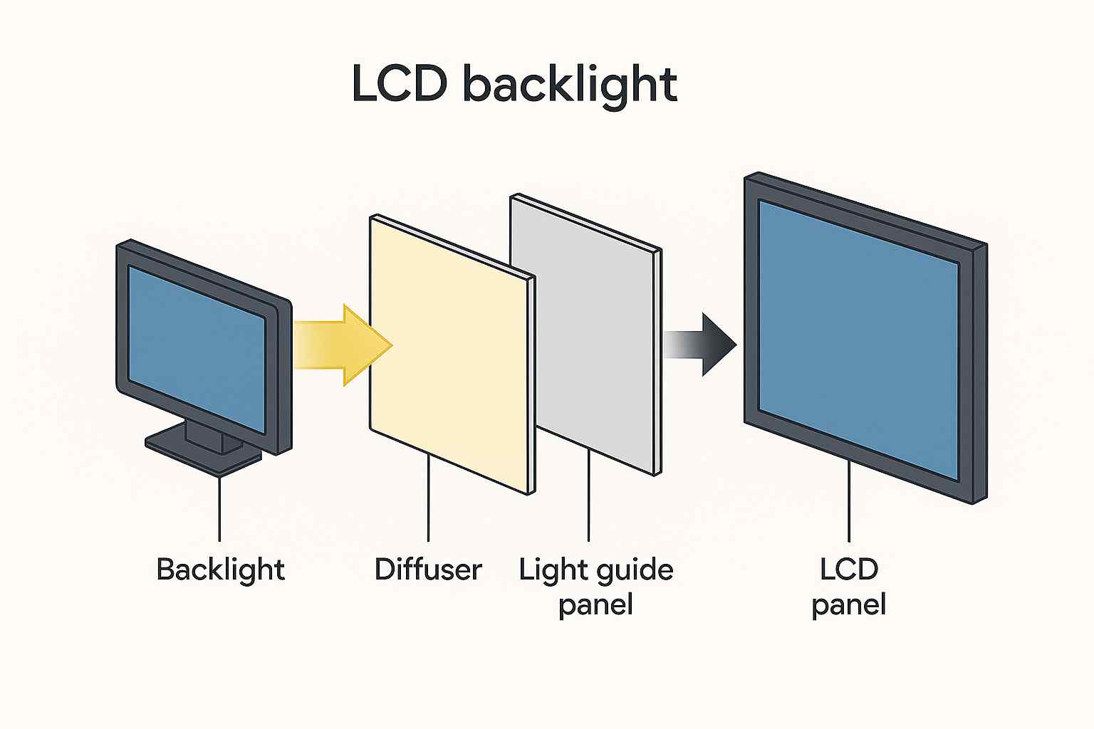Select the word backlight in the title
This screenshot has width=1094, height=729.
click(x=570, y=85)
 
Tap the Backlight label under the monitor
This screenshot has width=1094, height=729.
click(x=220, y=570)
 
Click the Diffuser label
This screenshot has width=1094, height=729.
click(x=428, y=570)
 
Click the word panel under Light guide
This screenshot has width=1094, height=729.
click(x=595, y=605)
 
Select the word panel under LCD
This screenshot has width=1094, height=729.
click(x=848, y=605)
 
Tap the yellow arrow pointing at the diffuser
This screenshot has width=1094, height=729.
click(x=342, y=345)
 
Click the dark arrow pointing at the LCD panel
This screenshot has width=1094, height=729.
click(x=705, y=345)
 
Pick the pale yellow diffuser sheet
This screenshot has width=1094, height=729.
click(x=449, y=356)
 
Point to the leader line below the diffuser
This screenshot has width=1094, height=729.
click(x=428, y=498)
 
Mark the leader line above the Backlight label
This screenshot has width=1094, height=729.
click(x=219, y=509)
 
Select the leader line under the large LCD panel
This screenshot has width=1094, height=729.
click(x=848, y=502)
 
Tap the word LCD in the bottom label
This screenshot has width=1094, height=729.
click(x=848, y=570)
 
